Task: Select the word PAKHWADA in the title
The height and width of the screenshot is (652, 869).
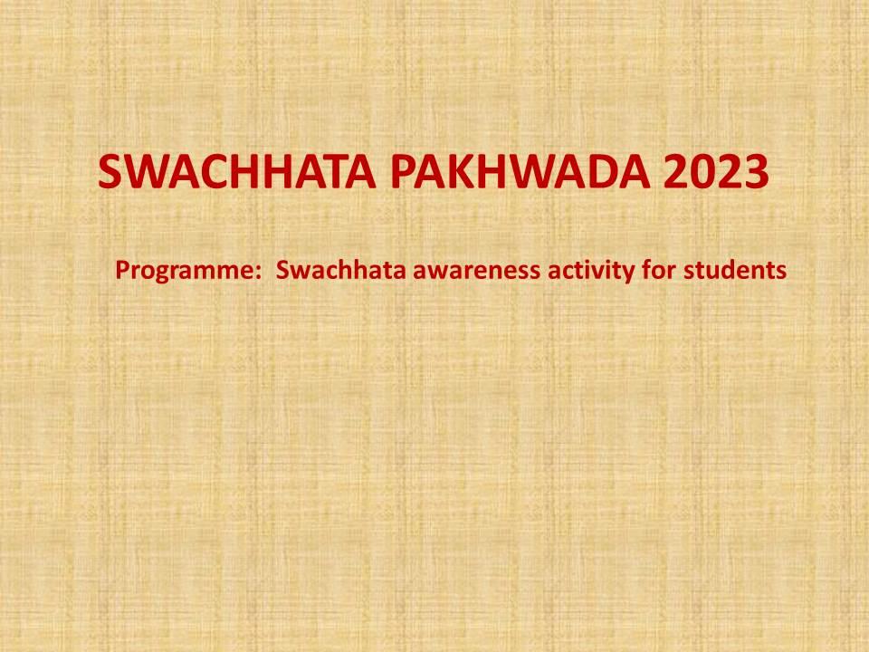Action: pos(520,172)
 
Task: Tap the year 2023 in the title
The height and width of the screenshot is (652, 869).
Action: pos(716,172)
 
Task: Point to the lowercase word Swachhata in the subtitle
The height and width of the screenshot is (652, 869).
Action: pos(341,270)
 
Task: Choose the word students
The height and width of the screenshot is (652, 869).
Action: pos(735,270)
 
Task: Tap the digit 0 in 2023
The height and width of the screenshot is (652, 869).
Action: pos(702,172)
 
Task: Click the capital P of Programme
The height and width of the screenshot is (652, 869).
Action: pos(122,270)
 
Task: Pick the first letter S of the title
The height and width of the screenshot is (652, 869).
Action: pos(110,172)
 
